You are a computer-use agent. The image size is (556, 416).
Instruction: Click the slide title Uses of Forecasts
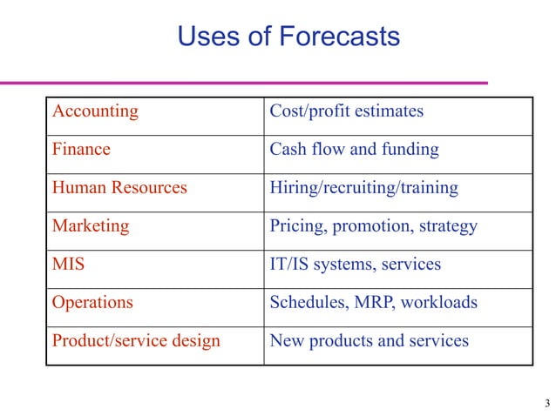point(288,37)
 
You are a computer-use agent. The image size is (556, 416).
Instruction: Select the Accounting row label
point(95,111)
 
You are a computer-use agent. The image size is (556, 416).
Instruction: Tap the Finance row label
point(81,150)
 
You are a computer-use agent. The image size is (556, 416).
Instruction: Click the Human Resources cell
point(119,188)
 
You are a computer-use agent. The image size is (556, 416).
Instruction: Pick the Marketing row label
point(91,226)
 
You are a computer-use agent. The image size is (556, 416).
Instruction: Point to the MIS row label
point(69,265)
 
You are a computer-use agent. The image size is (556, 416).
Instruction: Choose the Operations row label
point(92,303)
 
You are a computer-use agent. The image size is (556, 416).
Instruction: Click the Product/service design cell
point(136,341)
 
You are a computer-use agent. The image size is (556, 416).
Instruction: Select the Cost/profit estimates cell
point(346,111)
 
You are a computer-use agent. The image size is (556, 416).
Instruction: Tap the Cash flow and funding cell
point(354,150)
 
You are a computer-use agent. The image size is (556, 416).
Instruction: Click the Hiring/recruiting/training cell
point(363,188)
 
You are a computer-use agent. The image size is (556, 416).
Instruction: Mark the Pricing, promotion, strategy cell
point(373,226)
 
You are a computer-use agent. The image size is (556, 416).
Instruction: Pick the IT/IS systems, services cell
point(355,265)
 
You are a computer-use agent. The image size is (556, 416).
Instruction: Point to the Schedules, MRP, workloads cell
point(373,303)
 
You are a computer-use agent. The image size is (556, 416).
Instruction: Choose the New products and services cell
point(369,341)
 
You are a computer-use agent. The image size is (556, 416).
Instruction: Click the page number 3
point(546,402)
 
